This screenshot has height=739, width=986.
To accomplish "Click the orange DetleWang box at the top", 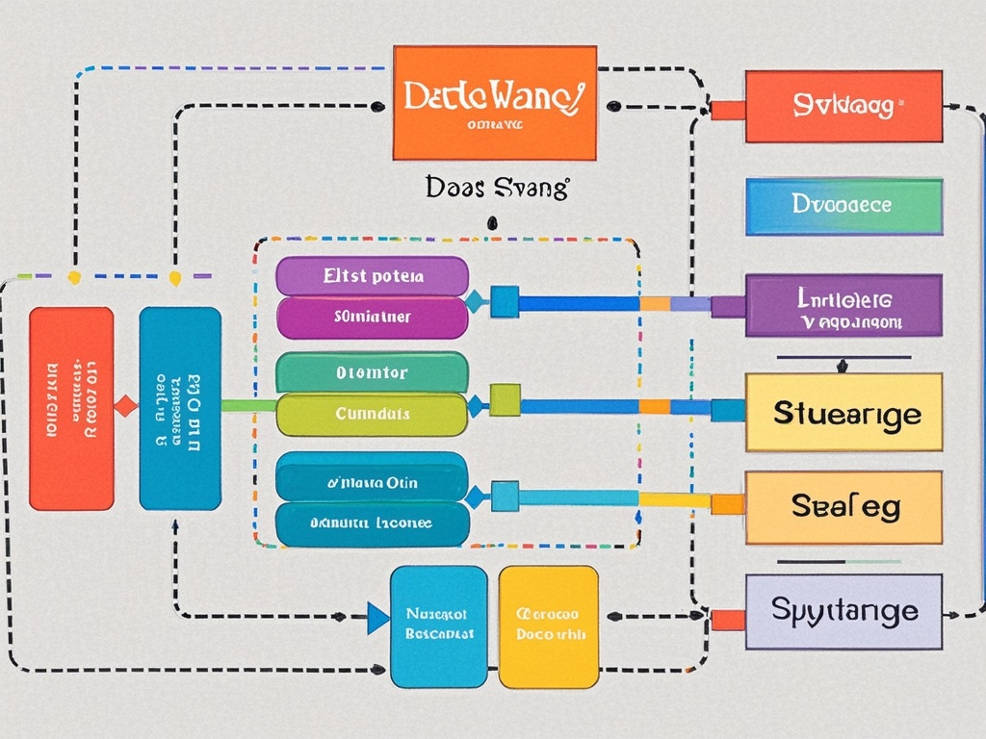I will tap(495, 102).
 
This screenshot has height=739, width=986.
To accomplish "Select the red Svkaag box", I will tap(843, 106).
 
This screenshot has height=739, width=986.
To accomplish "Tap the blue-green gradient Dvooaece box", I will tap(843, 206).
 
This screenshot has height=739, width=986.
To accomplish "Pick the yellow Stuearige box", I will tap(843, 412).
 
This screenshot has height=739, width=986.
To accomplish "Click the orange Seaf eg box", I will tap(843, 506).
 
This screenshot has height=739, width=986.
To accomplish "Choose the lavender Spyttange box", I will tap(843, 611).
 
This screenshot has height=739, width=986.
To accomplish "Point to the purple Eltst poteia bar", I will tap(372, 275).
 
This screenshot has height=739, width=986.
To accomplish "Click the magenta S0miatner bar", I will tap(372, 317).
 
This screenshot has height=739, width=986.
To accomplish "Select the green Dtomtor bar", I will tap(372, 371).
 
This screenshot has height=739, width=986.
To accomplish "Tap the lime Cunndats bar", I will tap(372, 414).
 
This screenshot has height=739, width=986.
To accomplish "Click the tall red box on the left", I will tap(71, 408).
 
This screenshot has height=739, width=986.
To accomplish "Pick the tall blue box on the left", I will tap(180, 408).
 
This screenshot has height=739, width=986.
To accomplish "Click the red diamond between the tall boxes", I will tap(126, 405).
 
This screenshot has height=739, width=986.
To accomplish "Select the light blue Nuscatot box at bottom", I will tap(438, 626).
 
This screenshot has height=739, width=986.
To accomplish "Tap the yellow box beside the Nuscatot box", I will tap(548, 626).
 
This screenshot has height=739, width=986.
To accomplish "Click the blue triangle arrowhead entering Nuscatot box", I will tap(378, 618).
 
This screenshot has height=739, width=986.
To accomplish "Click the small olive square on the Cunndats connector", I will tap(505, 399).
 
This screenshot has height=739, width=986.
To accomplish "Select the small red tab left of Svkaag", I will tap(728, 110).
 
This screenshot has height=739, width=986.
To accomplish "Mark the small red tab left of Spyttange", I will tap(728, 619).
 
